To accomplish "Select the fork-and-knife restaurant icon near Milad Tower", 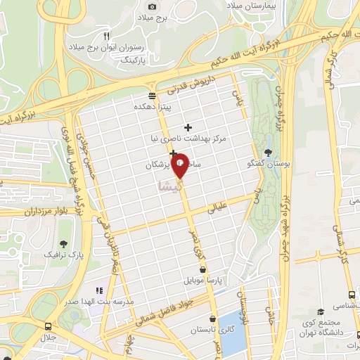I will (106, 35).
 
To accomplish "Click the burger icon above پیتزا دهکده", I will (152, 96).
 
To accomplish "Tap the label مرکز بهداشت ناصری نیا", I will (188, 139).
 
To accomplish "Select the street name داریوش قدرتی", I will (189, 89).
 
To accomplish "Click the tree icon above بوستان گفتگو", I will (267, 152).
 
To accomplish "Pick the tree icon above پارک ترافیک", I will (63, 243).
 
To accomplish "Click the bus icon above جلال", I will (47, 327).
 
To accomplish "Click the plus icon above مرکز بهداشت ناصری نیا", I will (188, 127).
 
